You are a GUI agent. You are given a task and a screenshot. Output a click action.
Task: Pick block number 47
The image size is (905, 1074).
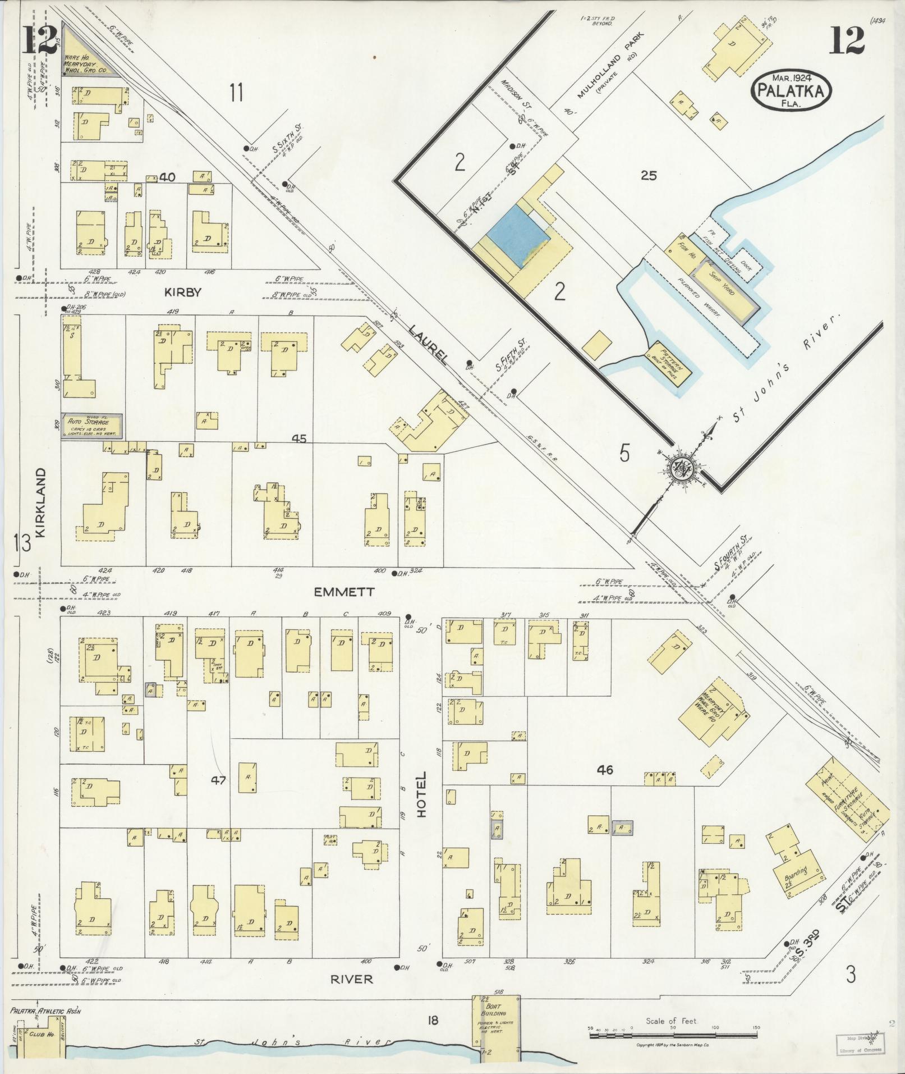[218, 780]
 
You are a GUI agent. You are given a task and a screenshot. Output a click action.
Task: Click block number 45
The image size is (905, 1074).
[300, 438]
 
